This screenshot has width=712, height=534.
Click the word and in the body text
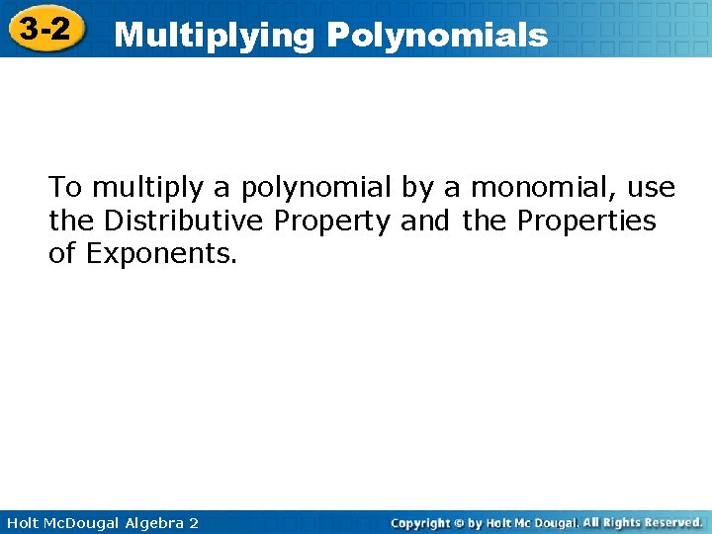pyautogui.click(x=425, y=221)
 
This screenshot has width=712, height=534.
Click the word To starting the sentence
pyautogui.click(x=66, y=187)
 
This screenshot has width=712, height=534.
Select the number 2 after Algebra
pyautogui.click(x=193, y=522)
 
